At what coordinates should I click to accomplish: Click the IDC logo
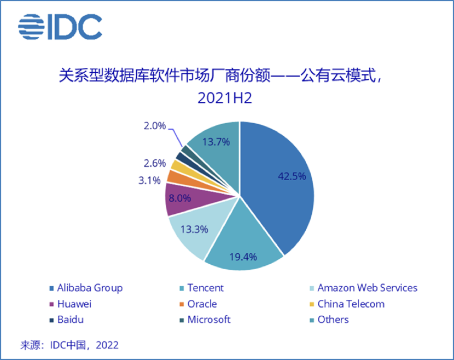[60, 26]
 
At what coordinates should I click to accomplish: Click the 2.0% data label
[154, 126]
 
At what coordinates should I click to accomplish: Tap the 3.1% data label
[149, 179]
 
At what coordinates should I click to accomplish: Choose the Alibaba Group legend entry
[86, 288]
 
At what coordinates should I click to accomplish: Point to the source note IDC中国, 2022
[69, 345]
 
